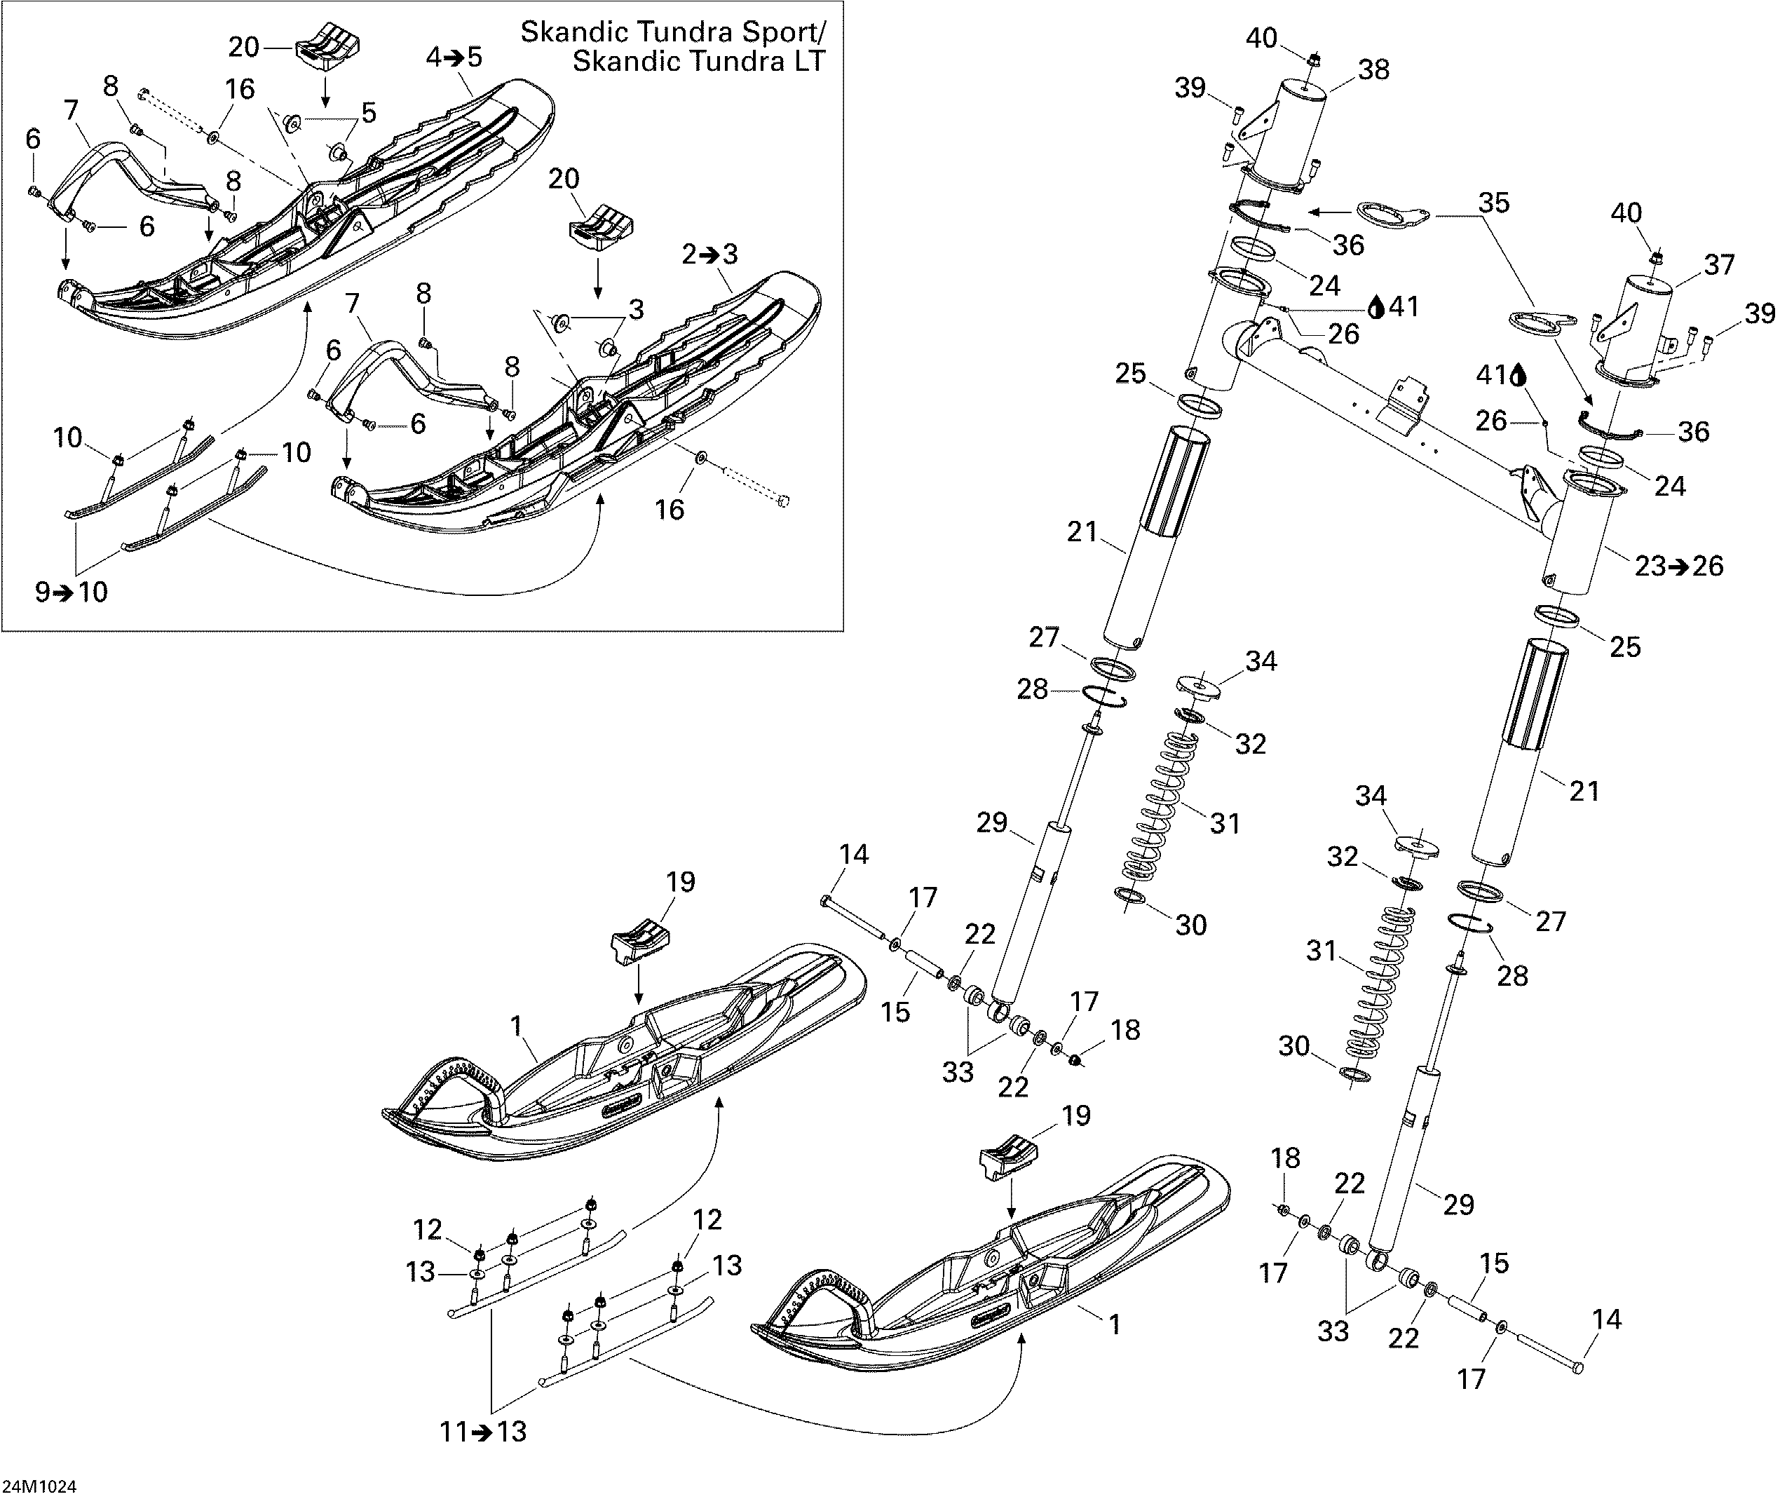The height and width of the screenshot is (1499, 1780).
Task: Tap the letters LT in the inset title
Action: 806,62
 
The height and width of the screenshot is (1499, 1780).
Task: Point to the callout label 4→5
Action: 454,57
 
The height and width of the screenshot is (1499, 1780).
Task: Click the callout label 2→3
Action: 709,254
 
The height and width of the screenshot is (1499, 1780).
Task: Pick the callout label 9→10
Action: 72,592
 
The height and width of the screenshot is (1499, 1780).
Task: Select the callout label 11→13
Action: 484,1432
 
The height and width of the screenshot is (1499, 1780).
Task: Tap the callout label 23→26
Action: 1679,566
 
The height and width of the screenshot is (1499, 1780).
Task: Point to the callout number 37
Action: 1719,265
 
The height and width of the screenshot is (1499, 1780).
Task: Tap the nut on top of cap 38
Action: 1314,60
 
